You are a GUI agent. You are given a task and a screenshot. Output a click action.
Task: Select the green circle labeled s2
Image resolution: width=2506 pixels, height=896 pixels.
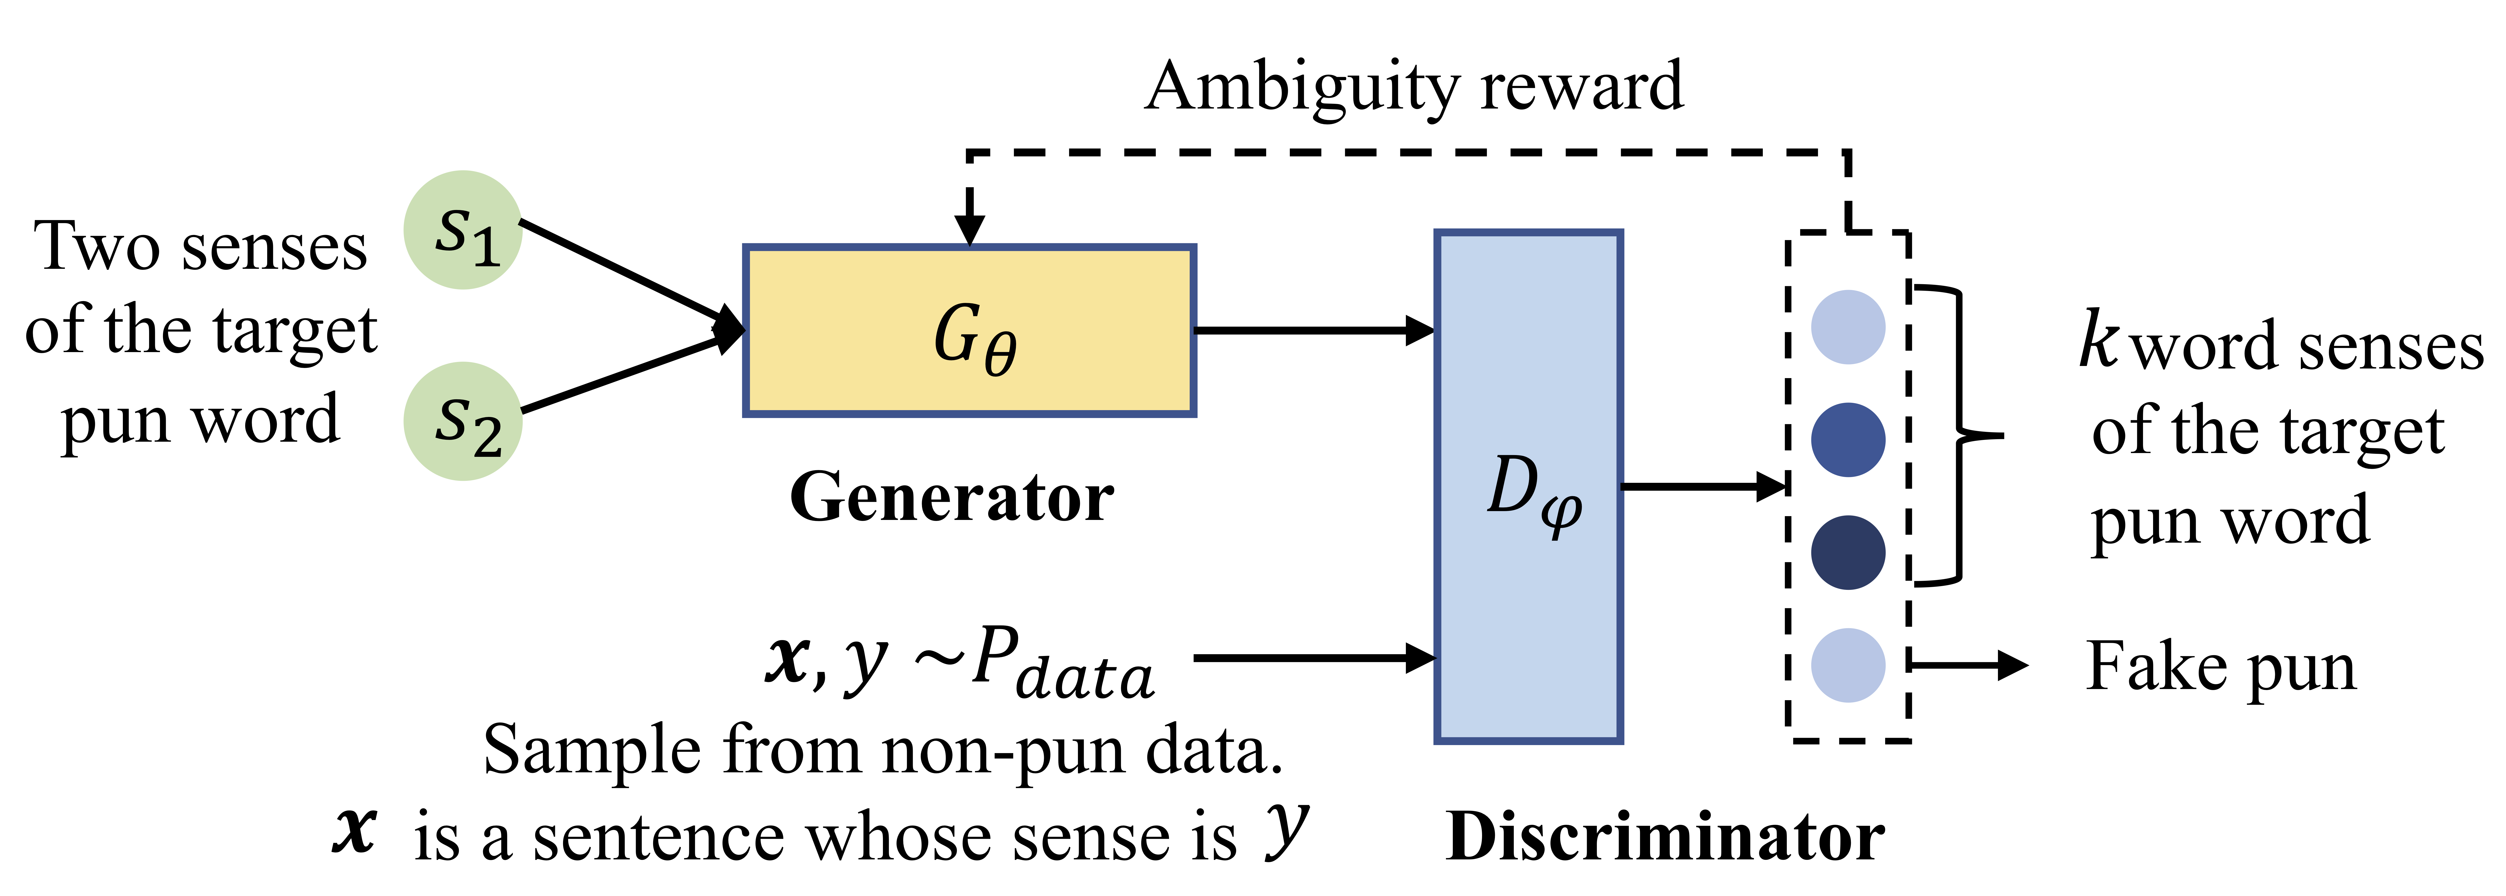click(463, 421)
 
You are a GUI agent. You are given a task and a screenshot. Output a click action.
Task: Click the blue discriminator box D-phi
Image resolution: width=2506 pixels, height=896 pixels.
click(1528, 486)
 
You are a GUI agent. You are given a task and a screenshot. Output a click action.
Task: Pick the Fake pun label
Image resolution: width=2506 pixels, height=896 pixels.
click(2221, 667)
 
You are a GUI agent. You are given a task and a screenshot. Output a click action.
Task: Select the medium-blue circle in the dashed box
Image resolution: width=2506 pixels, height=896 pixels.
click(1847, 440)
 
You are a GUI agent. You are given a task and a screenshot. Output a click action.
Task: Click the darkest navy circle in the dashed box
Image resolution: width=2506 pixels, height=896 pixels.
click(1847, 552)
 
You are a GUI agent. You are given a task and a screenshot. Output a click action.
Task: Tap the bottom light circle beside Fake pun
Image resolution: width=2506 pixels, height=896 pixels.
click(1847, 665)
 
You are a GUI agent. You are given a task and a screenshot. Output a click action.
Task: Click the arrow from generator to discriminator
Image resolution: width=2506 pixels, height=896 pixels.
click(1313, 331)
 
